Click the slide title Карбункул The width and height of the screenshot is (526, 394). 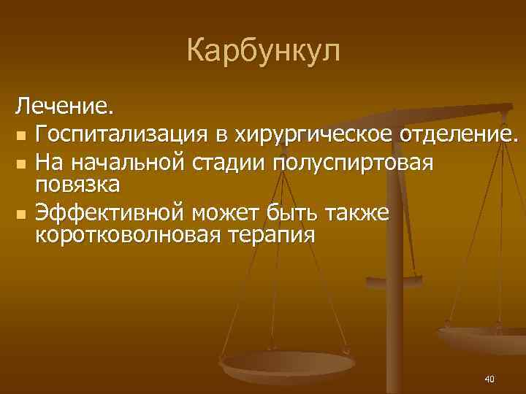click(x=263, y=50)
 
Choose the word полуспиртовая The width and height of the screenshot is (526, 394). click(x=353, y=162)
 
